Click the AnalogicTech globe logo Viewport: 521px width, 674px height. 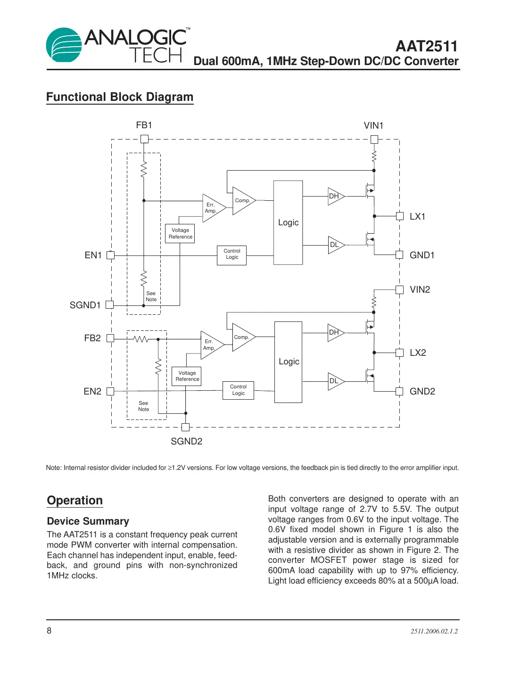64,45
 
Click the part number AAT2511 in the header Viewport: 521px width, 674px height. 426,46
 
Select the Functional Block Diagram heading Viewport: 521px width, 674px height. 120,97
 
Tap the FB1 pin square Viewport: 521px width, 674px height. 144,139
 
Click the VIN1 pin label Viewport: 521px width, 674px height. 373,125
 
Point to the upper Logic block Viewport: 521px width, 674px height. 288,222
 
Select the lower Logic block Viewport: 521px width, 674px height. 288,362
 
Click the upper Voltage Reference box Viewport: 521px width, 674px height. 180,234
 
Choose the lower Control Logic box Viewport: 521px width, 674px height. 238,390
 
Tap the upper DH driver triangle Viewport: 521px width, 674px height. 335,196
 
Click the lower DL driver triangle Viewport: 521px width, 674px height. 335,381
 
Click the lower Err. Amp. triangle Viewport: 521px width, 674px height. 210,345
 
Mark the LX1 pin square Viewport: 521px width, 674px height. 399,216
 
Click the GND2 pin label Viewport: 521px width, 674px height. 422,391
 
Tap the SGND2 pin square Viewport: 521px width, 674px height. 185,427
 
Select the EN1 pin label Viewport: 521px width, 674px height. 93,255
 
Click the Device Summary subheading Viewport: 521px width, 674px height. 88,521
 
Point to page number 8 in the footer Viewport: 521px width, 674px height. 49,631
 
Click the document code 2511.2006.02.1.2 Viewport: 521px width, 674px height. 434,631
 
